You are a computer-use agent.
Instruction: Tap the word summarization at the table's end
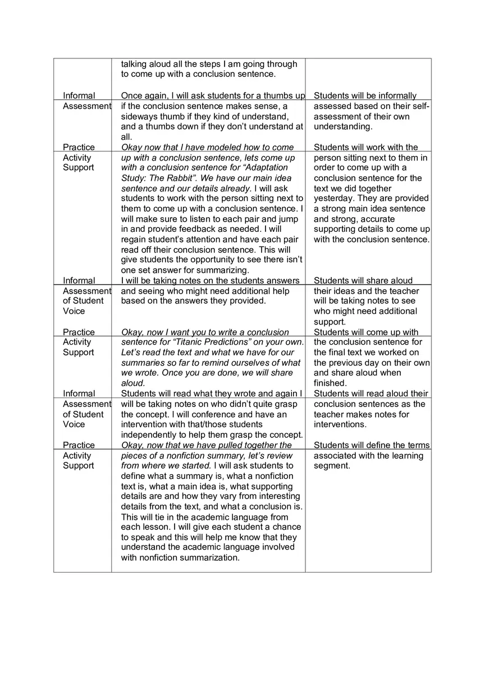pos(212,557)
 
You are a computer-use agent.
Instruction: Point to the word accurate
pos(378,219)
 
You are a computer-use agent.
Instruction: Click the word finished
pos(330,383)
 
